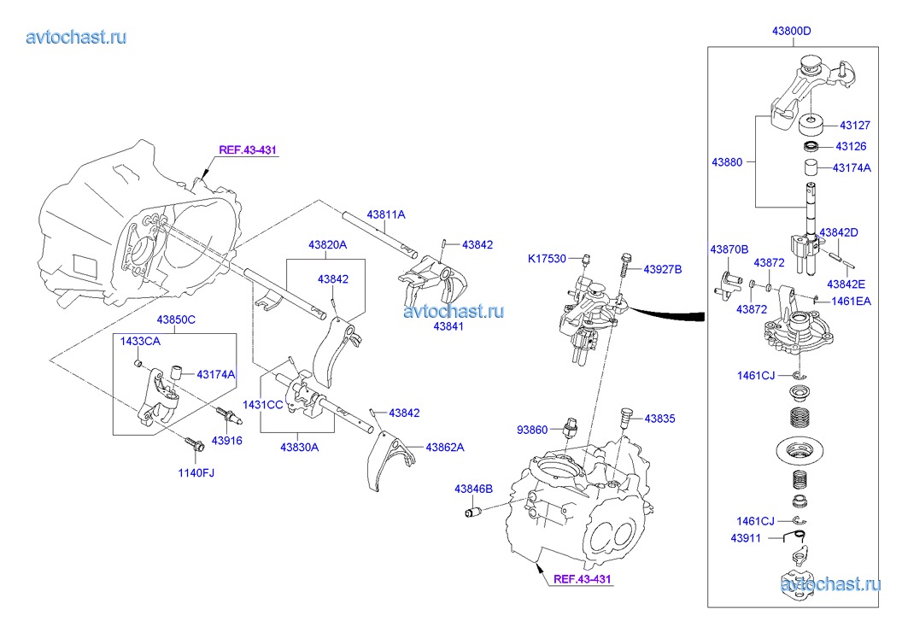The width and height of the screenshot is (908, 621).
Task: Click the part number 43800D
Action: click(791, 32)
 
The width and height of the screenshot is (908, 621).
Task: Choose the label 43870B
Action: click(729, 249)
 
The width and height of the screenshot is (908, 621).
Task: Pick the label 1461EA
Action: click(851, 300)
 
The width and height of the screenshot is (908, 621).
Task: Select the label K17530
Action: click(546, 257)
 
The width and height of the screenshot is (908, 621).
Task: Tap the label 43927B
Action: click(663, 269)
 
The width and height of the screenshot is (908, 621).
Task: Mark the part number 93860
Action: click(534, 429)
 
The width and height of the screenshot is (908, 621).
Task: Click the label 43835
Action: click(659, 419)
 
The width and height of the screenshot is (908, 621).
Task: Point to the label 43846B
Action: click(473, 489)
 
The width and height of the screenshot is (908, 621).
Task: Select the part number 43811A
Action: click(386, 214)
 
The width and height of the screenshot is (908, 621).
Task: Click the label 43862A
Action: click(445, 447)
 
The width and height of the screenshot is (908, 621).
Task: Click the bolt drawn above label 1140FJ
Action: click(191, 443)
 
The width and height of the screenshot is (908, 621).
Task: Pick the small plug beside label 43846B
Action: click(473, 512)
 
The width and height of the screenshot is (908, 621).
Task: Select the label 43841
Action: click(450, 326)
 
